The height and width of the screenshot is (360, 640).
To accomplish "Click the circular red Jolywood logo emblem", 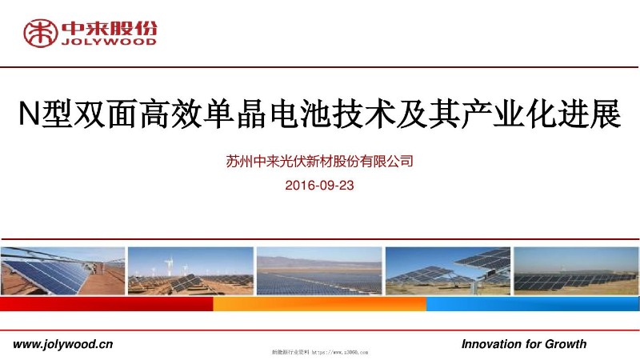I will pyautogui.click(x=39, y=33).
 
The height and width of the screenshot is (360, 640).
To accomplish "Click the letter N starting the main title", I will pyautogui.click(x=28, y=116).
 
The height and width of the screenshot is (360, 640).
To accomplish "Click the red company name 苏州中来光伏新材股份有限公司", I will pyautogui.click(x=319, y=162).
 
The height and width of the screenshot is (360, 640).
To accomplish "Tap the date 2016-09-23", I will pyautogui.click(x=319, y=185).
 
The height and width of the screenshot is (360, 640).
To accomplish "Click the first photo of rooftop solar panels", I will pyautogui.click(x=62, y=271).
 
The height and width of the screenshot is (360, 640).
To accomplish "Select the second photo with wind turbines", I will pyautogui.click(x=190, y=271).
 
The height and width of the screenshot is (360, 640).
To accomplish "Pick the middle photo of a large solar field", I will pyautogui.click(x=319, y=271).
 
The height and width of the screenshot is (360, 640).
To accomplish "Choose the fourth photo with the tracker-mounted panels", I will pyautogui.click(x=448, y=271).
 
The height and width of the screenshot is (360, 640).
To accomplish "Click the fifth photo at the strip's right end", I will pyautogui.click(x=576, y=271).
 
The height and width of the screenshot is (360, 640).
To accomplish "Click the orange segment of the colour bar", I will pyautogui.click(x=319, y=304).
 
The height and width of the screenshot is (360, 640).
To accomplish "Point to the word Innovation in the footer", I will pyautogui.click(x=490, y=344).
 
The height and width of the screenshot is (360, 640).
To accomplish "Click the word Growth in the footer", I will pyautogui.click(x=566, y=344).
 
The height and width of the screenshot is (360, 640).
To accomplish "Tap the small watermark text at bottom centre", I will pyautogui.click(x=319, y=352).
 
